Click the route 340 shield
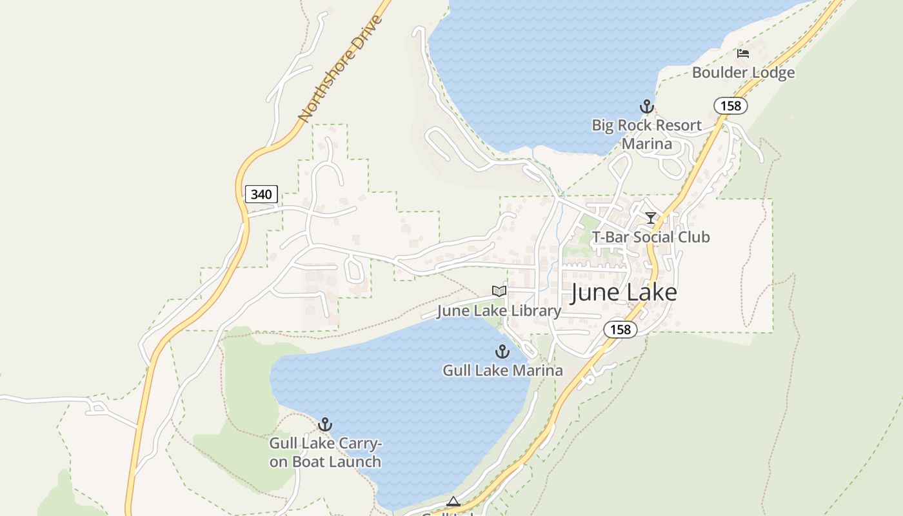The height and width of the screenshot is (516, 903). pyautogui.click(x=261, y=194)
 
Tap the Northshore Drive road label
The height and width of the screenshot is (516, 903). pyautogui.click(x=341, y=68)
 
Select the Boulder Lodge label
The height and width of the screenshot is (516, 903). pyautogui.click(x=743, y=73)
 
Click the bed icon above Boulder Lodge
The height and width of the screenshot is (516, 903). pyautogui.click(x=743, y=54)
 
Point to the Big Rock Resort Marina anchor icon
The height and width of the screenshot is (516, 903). pyautogui.click(x=646, y=106)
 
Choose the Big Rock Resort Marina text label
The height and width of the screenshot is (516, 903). pyautogui.click(x=646, y=134)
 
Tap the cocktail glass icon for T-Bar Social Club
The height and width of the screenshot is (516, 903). pyautogui.click(x=651, y=218)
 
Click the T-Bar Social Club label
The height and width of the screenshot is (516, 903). pyautogui.click(x=651, y=237)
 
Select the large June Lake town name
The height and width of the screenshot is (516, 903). pyautogui.click(x=624, y=293)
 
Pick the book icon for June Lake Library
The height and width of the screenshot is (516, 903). pyautogui.click(x=499, y=292)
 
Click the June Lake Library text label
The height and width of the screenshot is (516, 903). pyautogui.click(x=499, y=311)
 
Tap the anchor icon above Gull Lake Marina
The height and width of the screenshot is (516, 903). pyautogui.click(x=502, y=352)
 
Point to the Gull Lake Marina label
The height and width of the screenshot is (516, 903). pyautogui.click(x=502, y=371)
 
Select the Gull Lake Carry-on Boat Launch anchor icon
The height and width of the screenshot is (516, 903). pyautogui.click(x=325, y=424)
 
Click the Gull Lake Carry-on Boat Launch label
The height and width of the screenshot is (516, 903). pyautogui.click(x=325, y=453)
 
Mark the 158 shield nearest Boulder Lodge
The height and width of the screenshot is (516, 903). pyautogui.click(x=731, y=106)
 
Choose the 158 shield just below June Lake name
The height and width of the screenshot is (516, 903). pyautogui.click(x=620, y=330)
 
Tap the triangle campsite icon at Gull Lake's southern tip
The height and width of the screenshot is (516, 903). pyautogui.click(x=453, y=502)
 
